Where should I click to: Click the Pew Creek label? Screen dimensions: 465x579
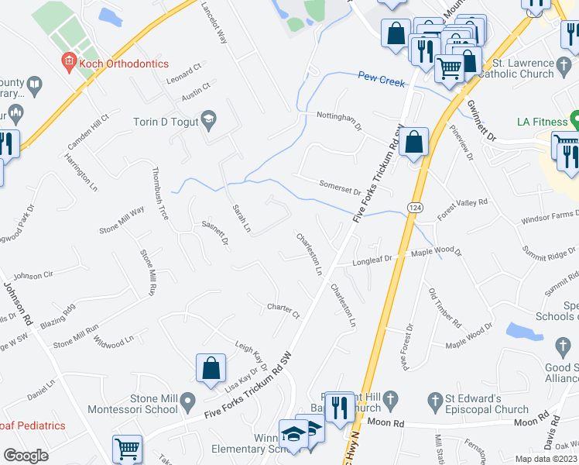(382, 77)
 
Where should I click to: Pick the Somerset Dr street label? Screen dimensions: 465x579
(341, 187)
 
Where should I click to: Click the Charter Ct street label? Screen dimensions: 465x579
(283, 311)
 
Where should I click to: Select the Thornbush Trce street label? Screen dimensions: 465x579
(159, 193)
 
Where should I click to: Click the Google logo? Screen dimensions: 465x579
(26, 456)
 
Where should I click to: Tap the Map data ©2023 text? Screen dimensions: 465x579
(546, 459)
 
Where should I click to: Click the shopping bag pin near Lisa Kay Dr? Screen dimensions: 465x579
(211, 369)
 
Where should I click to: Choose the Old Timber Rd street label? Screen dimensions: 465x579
(445, 308)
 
